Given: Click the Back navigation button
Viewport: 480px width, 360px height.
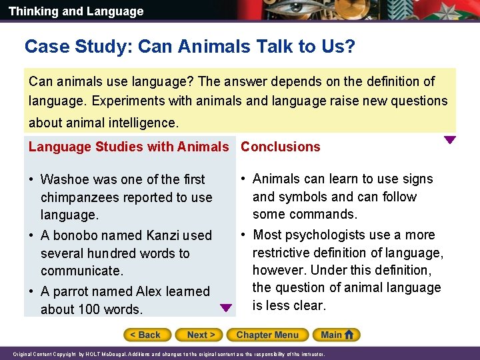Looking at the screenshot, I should [147, 335].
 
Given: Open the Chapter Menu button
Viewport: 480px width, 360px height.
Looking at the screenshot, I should [267, 335].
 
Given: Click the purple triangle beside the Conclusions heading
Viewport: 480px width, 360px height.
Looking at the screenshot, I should [450, 140].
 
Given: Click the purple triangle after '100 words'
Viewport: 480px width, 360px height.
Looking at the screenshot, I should [226, 308].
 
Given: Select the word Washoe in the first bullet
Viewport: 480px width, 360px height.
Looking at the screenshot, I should [63, 179].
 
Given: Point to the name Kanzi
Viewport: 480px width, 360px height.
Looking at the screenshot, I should [163, 235].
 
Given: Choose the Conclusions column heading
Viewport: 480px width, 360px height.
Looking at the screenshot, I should [280, 147].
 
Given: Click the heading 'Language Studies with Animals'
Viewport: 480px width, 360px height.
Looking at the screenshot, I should [129, 147].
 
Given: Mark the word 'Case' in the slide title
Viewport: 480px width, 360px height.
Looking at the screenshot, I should [43, 47].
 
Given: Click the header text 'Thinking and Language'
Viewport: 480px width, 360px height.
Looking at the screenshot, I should [76, 11].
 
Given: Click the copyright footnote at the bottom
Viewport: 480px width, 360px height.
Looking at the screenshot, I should [169, 354].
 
